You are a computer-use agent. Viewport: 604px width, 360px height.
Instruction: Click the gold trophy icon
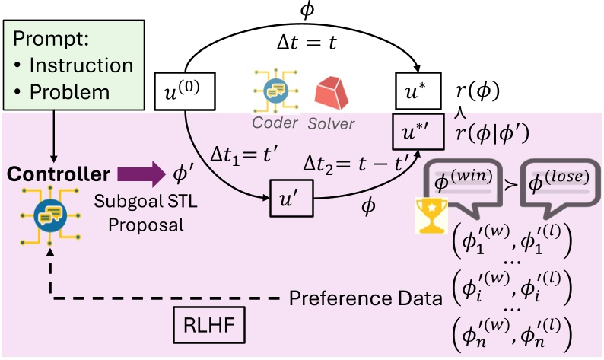[x=431, y=216]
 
